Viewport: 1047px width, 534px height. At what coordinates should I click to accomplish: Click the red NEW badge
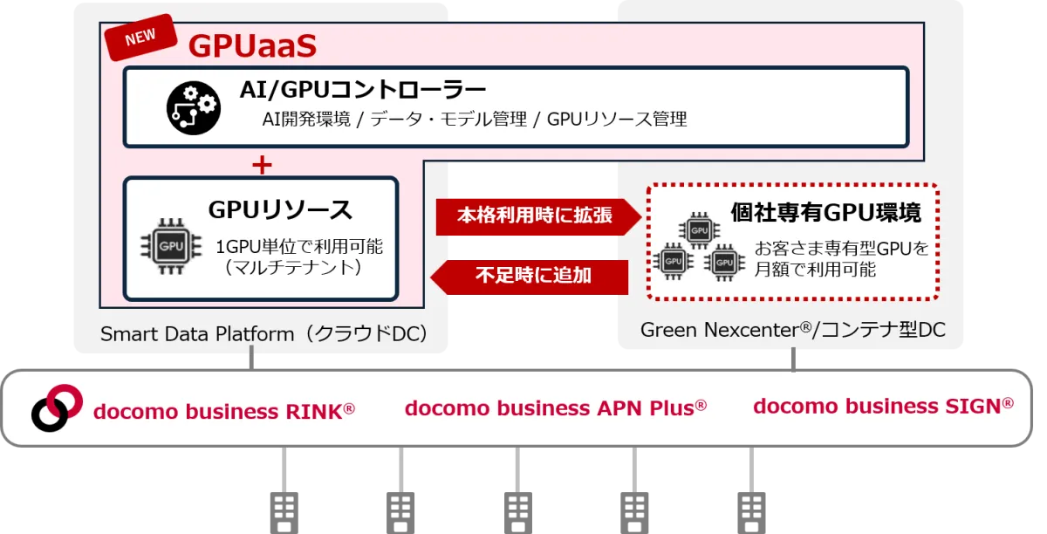pyautogui.click(x=140, y=37)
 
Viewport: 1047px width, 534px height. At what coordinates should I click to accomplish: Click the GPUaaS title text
pyautogui.click(x=252, y=46)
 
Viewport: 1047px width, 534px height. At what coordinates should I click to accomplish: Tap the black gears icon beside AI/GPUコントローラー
pyautogui.click(x=194, y=108)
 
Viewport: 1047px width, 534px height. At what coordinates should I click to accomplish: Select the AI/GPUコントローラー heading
pyautogui.click(x=363, y=89)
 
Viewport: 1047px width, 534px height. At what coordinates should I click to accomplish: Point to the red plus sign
pyautogui.click(x=262, y=165)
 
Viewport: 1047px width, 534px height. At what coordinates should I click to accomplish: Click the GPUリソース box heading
pyautogui.click(x=280, y=209)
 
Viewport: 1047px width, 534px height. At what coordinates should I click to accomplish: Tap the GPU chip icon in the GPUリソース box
pyautogui.click(x=171, y=246)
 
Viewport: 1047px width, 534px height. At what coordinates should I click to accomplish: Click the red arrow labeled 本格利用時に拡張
pyautogui.click(x=538, y=216)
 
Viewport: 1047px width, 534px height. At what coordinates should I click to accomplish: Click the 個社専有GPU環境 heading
pyautogui.click(x=826, y=212)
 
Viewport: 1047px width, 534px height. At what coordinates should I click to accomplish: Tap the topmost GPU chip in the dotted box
pyautogui.click(x=699, y=230)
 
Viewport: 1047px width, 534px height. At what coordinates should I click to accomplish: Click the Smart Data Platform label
pyautogui.click(x=263, y=334)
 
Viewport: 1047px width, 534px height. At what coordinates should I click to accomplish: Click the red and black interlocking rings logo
pyautogui.click(x=57, y=407)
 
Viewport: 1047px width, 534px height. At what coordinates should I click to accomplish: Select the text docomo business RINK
pyautogui.click(x=224, y=412)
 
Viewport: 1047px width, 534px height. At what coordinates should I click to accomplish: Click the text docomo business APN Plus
pyautogui.click(x=555, y=407)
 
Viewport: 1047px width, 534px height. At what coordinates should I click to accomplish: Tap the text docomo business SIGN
pyautogui.click(x=883, y=406)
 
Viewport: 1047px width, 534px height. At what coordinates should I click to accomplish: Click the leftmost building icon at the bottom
pyautogui.click(x=284, y=513)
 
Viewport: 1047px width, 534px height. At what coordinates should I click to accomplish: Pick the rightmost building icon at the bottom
pyautogui.click(x=751, y=513)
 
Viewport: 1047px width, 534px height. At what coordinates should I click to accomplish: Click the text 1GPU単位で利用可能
pyautogui.click(x=299, y=246)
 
